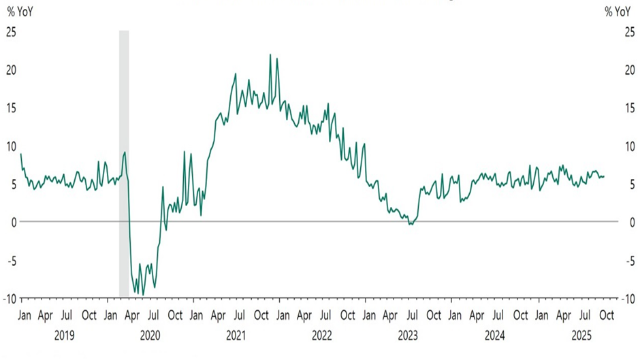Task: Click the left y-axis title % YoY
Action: point(20,12)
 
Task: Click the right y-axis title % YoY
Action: point(618,12)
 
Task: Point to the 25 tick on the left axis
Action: point(11,31)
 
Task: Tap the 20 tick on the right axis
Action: point(630,69)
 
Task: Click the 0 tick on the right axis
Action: point(632,222)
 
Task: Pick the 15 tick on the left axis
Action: point(11,108)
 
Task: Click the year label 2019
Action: point(64,335)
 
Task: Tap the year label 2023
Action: point(408,335)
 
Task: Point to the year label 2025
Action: point(580,335)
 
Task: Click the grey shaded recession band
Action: point(124,163)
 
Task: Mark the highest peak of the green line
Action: point(270,54)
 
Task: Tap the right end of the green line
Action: point(604,176)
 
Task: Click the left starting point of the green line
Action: point(21,154)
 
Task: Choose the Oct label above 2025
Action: point(606,316)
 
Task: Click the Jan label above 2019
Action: point(22,316)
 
